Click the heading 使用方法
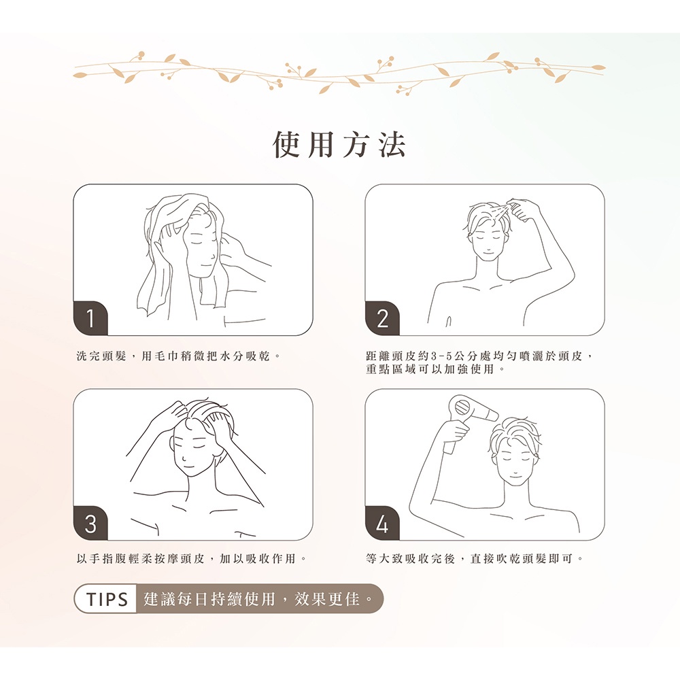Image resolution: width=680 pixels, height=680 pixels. point(339,144)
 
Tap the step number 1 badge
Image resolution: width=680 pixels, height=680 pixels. point(90,318)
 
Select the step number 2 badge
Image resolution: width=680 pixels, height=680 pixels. point(382,318)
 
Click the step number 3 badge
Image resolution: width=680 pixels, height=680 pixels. point(90,523)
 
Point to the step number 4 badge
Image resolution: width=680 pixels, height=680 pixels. point(382,523)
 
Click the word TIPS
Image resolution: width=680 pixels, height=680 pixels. point(107,599)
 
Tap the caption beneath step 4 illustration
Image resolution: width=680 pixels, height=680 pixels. point(475,558)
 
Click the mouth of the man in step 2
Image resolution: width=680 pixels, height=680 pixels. point(488,250)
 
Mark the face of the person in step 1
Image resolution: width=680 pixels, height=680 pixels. point(200,250)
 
